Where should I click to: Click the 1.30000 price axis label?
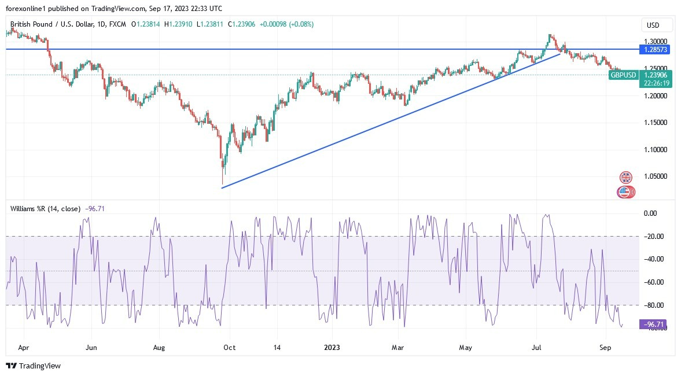click(x=656, y=42)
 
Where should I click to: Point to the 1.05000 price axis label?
click(x=656, y=176)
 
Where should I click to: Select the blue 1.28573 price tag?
click(x=656, y=50)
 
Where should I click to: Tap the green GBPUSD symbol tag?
click(x=624, y=75)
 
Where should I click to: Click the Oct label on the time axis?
click(x=230, y=348)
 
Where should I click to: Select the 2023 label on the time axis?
click(x=332, y=348)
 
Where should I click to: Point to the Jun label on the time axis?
click(x=91, y=348)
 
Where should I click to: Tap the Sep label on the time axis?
click(x=606, y=348)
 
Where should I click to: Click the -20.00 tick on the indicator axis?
click(x=655, y=236)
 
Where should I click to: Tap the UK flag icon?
click(x=625, y=178)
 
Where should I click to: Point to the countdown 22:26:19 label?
click(x=655, y=83)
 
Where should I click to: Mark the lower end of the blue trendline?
click(x=222, y=187)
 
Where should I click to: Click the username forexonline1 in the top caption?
click(x=27, y=8)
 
